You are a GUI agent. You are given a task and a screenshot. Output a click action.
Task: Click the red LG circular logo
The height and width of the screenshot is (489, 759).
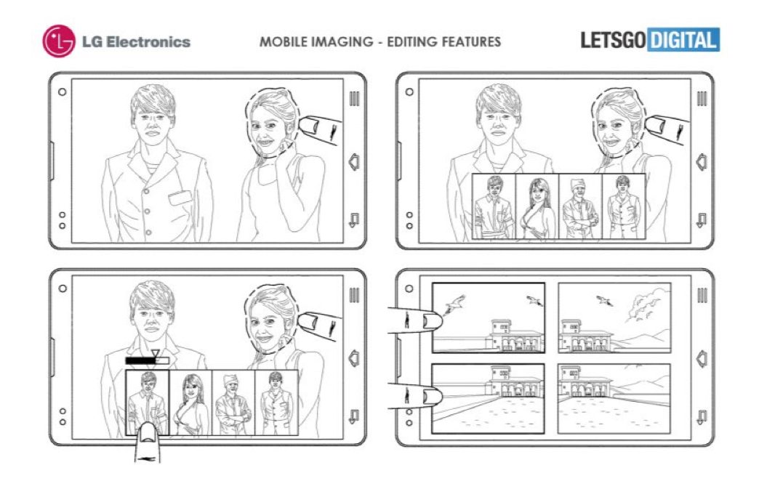point(59,41)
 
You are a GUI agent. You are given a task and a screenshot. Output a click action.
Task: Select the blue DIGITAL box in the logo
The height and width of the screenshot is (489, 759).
point(683,40)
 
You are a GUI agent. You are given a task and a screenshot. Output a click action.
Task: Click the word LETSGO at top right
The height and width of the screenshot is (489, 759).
point(613,40)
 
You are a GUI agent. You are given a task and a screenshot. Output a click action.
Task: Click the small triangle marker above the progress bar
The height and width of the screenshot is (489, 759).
point(155,352)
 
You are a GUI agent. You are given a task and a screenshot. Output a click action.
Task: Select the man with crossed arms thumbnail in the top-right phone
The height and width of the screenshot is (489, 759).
point(580,206)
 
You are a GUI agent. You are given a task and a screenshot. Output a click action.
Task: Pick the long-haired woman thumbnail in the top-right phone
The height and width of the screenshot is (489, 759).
point(537,206)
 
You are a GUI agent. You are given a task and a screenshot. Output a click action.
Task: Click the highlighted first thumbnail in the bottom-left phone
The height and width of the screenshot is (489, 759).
point(147,403)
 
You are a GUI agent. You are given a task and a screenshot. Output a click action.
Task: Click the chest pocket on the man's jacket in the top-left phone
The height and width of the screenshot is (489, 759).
point(180,198)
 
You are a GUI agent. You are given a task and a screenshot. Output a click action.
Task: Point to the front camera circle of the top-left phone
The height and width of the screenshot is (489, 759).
point(62,92)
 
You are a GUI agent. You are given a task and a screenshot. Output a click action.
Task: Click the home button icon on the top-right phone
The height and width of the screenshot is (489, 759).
point(702,162)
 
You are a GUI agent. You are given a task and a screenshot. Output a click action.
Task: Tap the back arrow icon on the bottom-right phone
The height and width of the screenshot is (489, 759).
point(702,416)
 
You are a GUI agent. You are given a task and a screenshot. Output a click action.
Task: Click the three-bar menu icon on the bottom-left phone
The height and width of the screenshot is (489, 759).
point(354,295)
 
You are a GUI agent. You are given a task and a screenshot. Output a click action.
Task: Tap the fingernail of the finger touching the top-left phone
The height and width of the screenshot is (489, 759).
point(309,126)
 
